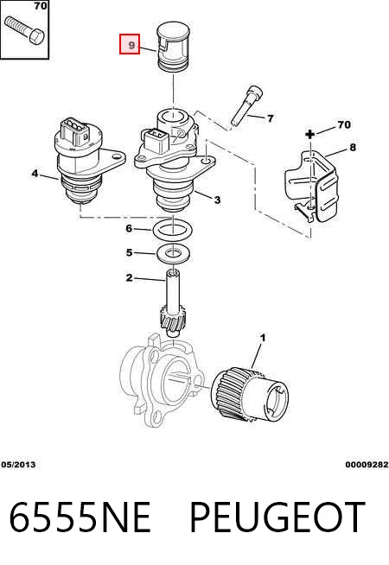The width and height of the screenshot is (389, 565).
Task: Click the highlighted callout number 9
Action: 130,44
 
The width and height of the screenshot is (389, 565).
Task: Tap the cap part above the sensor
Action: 174,46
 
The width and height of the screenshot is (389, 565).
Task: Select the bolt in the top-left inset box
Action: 24,29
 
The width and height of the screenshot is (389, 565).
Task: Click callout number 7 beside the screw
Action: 270,117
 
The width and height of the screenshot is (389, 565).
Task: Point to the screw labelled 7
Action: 247,105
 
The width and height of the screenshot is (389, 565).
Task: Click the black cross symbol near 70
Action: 309,135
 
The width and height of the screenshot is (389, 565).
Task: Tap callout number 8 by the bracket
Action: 352,147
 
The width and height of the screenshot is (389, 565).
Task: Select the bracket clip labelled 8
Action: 312,187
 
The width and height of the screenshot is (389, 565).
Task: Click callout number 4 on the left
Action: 35,174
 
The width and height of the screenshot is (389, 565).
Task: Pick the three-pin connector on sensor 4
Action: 75,130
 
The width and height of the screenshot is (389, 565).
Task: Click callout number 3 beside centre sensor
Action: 217,200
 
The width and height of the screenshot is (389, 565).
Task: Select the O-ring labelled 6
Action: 172,230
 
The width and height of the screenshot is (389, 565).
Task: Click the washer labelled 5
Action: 174,253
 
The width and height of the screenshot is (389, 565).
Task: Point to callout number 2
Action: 129,278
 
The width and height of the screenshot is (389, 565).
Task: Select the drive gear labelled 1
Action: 250,395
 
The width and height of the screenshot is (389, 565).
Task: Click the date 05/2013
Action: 18,465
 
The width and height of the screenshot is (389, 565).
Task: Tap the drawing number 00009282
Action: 367,465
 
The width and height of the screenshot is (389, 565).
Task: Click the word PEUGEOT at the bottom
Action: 277,517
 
